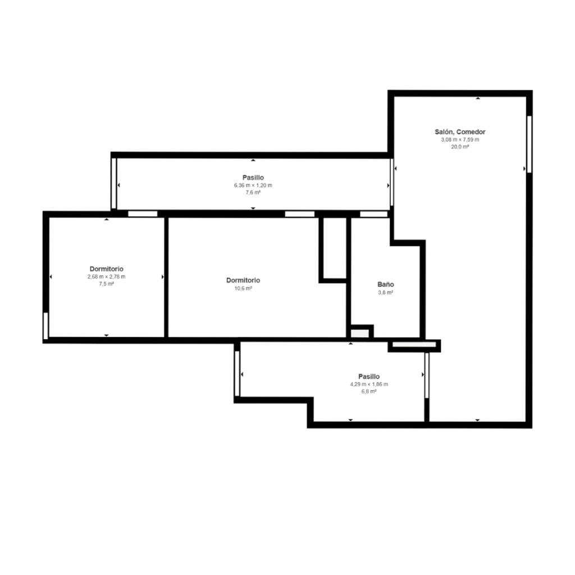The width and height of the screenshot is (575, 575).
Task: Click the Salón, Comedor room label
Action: coord(460,131)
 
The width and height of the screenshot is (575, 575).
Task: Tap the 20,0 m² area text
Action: coord(460,147)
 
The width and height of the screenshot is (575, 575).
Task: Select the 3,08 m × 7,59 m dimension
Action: coord(460,140)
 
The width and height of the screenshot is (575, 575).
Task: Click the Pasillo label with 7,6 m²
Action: coord(253,177)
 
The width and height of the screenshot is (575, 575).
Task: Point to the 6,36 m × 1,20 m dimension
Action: coord(253,185)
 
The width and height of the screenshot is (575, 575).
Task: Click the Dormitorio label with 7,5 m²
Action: coord(106,269)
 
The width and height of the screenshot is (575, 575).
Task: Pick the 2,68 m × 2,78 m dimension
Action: coord(106,276)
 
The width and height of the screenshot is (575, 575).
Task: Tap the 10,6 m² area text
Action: coord(243,288)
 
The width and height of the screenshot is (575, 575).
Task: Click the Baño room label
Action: coord(386,284)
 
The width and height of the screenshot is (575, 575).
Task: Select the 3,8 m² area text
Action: coord(386,292)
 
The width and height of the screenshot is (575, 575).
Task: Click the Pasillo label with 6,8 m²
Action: coord(369,376)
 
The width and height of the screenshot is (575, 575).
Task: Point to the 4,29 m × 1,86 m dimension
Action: coord(369,384)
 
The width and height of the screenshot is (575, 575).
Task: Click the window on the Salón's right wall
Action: coord(529,144)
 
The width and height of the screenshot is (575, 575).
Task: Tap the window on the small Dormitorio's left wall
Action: coord(46,326)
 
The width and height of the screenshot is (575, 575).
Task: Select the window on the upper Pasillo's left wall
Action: coord(113,184)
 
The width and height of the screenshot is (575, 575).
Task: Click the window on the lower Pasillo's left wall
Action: coord(237,373)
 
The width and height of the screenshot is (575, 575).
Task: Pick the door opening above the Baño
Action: coord(373,214)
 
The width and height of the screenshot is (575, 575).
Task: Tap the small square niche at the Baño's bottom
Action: coord(360,334)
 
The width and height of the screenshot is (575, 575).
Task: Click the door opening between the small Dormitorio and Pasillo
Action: coord(143,214)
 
